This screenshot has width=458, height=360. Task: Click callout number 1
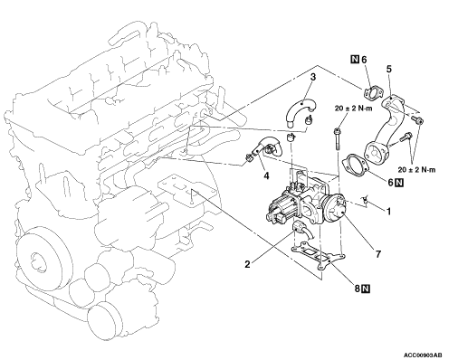388,212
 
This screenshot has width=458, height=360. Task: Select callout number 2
247,264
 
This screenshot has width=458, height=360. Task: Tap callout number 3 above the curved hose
313,77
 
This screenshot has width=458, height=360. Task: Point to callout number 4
266,175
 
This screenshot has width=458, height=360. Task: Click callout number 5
389,69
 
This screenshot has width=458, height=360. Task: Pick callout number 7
378,254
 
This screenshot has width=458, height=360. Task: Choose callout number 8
358,289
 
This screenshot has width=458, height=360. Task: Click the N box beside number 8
366,289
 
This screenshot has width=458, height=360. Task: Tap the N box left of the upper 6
355,59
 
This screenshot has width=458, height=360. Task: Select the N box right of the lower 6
399,182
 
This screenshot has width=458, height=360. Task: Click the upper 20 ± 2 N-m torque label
353,109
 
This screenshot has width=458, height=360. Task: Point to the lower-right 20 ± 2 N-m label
416,170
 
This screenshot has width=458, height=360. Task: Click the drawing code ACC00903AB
425,355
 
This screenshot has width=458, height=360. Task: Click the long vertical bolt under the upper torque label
337,139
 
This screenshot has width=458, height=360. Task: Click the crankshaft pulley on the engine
43,256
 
